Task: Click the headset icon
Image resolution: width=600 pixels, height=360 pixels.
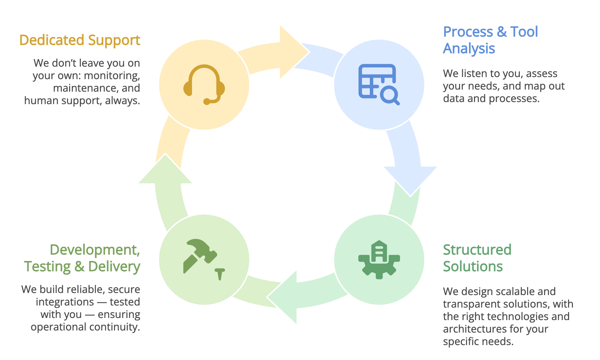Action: (204, 84)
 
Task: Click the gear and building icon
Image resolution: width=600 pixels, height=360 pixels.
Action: (379, 259)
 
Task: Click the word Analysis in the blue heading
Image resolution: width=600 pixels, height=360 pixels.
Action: (469, 49)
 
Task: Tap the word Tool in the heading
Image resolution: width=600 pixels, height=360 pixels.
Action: (524, 32)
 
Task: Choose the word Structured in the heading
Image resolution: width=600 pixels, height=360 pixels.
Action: (477, 250)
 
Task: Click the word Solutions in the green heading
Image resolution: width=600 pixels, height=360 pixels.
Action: (473, 266)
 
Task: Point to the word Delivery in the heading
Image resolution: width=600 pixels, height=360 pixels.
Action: (114, 266)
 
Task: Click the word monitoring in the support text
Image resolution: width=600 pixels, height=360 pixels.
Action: (112, 76)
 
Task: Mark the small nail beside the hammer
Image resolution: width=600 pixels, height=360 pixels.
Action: (219, 274)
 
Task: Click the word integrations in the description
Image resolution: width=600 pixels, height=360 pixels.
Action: (65, 302)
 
